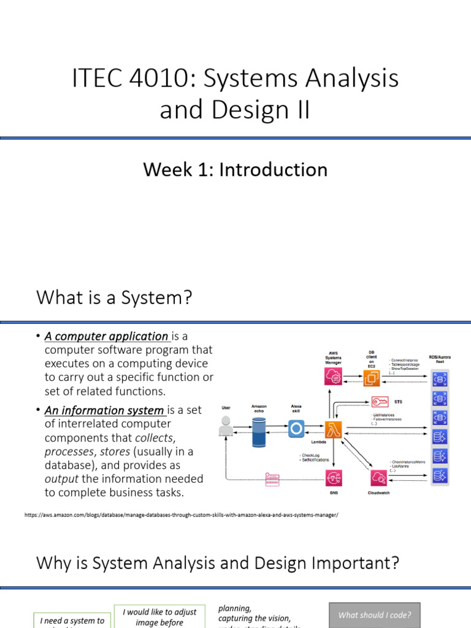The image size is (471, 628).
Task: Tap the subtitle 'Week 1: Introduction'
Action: coord(235,169)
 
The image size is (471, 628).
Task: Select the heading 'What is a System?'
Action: coord(114,298)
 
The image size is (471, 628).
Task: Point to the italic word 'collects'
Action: coord(155,438)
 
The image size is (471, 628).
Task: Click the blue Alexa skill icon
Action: coord(296,428)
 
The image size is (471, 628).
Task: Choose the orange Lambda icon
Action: coord(334,428)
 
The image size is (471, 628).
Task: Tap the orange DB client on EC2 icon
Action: coord(372,378)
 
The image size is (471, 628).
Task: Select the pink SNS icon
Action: coord(334,477)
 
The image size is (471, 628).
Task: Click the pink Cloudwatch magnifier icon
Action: coord(378,477)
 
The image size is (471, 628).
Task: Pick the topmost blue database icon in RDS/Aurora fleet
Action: coord(440,378)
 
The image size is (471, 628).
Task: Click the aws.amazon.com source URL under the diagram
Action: coord(181,515)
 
